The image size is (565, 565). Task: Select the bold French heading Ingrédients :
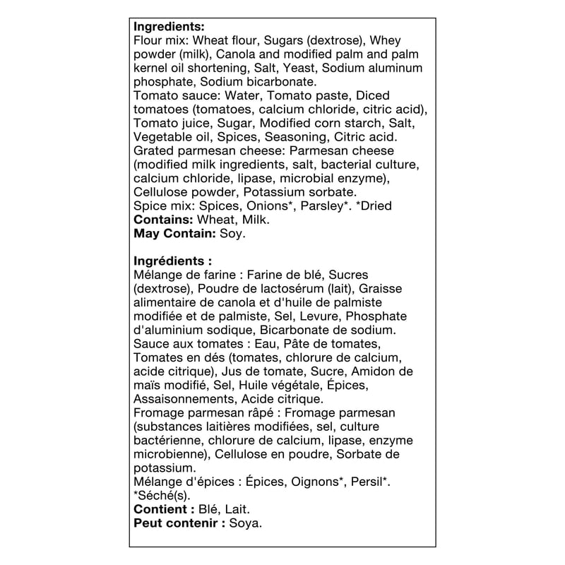[172, 261]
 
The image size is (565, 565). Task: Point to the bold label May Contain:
[174, 233]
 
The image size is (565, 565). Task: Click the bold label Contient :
[164, 509]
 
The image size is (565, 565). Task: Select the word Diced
[373, 95]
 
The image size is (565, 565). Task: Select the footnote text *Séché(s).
[152, 495]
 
